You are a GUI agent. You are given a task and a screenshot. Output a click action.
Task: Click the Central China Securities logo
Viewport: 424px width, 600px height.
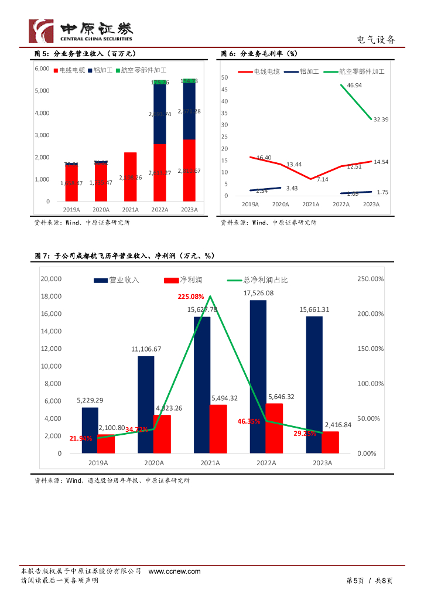pyautogui.click(x=81, y=30)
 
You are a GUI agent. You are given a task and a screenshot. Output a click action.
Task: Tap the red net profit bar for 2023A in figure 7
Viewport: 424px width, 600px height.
pyautogui.click(x=330, y=442)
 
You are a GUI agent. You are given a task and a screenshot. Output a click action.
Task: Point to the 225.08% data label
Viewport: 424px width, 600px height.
pyautogui.click(x=191, y=296)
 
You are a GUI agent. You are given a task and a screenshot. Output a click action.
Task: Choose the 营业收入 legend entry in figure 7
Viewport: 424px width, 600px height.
pyautogui.click(x=117, y=280)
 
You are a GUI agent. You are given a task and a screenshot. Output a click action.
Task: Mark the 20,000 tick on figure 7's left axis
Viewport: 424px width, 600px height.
pyautogui.click(x=51, y=279)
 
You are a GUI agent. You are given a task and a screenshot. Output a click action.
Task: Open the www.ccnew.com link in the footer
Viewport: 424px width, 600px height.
pyautogui.click(x=175, y=571)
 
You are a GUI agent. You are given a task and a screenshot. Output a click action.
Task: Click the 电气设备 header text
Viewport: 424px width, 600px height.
pyautogui.click(x=376, y=40)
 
